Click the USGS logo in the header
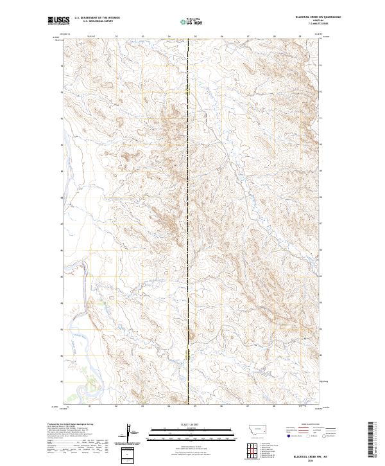[x=59, y=21]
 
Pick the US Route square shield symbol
[x=307, y=436]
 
